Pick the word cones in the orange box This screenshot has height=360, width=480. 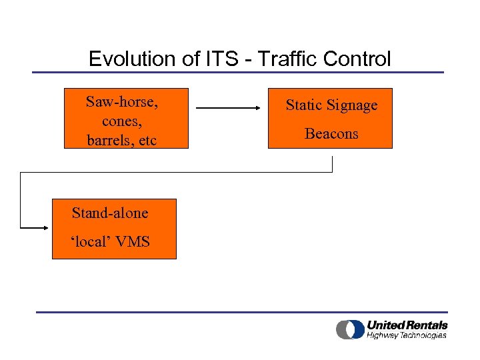[120, 121]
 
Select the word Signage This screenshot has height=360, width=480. [353, 105]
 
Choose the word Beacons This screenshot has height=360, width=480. [331, 134]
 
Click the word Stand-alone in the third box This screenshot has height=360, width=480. [110, 213]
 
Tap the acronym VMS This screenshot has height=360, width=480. [133, 241]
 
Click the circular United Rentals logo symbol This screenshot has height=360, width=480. [349, 329]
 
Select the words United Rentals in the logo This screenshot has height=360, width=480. [407, 325]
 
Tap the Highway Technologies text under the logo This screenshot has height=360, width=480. [407, 335]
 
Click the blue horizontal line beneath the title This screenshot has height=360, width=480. [238, 72]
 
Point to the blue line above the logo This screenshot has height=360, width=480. [241, 311]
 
